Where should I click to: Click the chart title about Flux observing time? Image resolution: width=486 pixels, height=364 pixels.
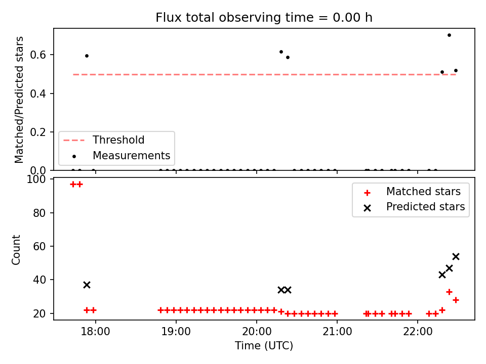(x=264, y=18)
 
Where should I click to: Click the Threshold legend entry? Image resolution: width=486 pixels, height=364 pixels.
(x=104, y=140)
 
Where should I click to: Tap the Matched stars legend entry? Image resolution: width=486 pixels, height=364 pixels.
(x=412, y=192)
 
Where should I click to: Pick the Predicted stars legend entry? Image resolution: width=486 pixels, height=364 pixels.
(x=415, y=207)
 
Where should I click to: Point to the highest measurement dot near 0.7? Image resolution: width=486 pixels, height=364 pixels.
(x=449, y=35)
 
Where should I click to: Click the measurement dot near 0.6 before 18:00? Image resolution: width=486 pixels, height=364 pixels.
(x=87, y=56)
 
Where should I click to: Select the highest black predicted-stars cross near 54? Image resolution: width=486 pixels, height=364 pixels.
(x=456, y=257)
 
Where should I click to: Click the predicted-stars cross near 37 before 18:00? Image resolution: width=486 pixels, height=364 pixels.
(x=87, y=285)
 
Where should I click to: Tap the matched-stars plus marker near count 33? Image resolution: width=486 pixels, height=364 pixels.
(x=449, y=292)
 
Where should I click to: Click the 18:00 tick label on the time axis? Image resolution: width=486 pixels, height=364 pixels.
(x=96, y=332)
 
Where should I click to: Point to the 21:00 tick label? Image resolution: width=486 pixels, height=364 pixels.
(x=337, y=332)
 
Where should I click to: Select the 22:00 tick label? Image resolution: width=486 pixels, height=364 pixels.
(x=418, y=332)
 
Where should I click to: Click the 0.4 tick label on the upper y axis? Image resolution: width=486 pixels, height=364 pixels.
(x=38, y=94)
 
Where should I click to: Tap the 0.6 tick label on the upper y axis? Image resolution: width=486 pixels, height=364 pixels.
(x=38, y=55)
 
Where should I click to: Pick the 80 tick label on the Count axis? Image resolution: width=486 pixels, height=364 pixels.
(x=39, y=213)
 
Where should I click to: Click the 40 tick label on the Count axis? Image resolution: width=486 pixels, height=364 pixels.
(x=39, y=280)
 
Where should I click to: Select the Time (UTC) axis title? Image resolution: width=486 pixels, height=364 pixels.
(x=264, y=345)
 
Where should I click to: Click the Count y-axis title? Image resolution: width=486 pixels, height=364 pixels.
(x=16, y=250)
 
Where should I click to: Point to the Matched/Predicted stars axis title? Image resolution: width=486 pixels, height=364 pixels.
(x=19, y=100)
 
